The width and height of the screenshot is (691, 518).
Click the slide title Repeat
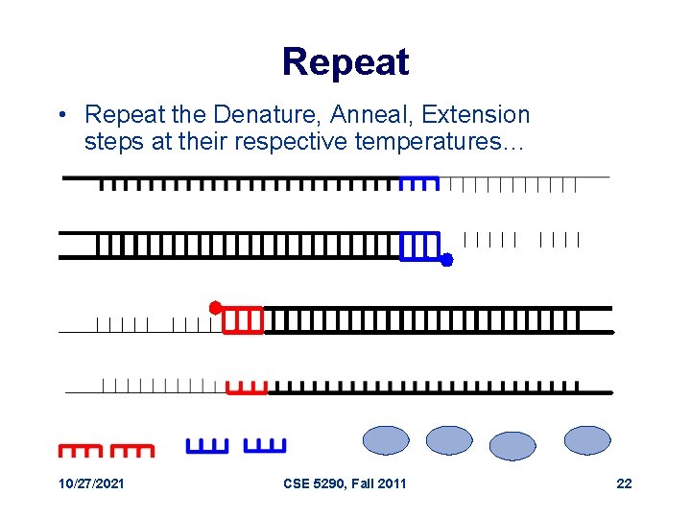coord(345,62)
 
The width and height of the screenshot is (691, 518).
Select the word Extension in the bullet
coord(477,115)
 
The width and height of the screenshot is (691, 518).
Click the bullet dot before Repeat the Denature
coord(60,116)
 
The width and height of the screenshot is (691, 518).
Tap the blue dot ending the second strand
coord(445,259)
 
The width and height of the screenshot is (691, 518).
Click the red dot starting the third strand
coord(215,307)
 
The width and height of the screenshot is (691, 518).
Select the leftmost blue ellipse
coord(386,440)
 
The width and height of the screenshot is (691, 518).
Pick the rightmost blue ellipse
coord(587,440)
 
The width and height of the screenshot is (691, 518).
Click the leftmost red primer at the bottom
coord(80,449)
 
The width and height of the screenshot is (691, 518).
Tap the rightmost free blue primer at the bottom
coord(265,446)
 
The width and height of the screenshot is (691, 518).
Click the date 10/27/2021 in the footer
coord(91,483)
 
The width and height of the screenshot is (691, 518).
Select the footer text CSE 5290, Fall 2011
coord(345,483)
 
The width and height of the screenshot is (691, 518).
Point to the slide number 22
coord(624,483)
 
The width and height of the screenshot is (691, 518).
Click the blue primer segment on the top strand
coord(418,182)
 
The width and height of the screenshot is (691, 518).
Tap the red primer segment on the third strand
coord(242,319)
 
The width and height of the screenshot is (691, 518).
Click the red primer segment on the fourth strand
coord(247,388)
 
